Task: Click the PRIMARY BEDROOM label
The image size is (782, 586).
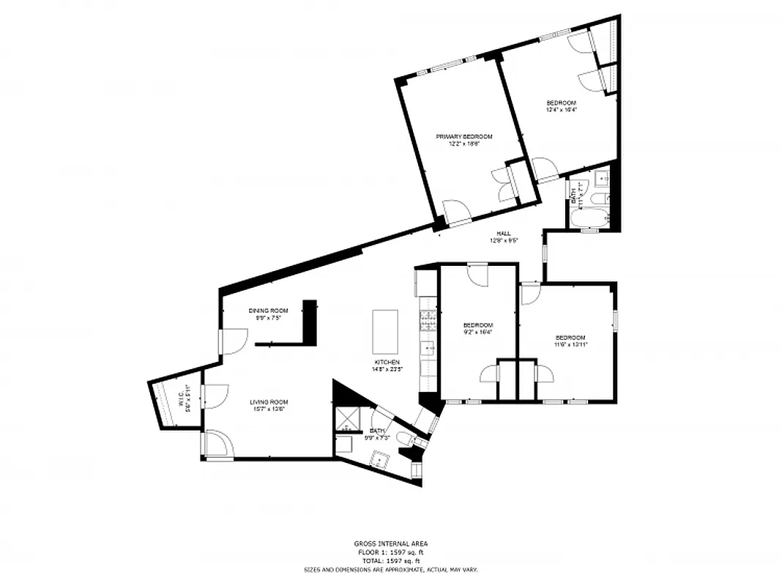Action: point(463,136)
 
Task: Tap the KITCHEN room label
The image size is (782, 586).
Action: point(387,363)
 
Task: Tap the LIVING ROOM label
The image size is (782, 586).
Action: point(269,401)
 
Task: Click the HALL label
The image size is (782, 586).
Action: point(503,233)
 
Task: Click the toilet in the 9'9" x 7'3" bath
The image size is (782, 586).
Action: point(403,438)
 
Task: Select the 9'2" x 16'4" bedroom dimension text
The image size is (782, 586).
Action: point(477,332)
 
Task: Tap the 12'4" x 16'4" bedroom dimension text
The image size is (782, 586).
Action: point(561,110)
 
